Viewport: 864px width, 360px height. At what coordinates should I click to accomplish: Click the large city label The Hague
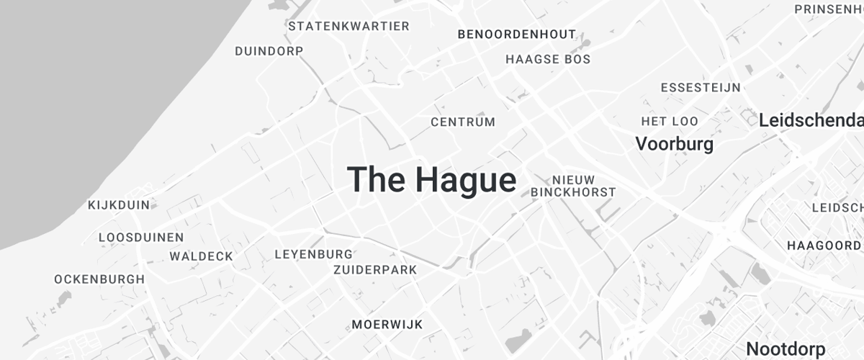tap(432, 179)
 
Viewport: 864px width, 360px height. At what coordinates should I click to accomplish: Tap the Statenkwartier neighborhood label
tap(348, 27)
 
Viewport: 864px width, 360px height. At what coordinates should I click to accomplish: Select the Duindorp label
tap(269, 51)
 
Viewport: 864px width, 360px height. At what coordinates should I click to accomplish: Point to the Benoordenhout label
tap(517, 34)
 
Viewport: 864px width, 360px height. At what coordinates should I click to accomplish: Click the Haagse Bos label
tap(548, 59)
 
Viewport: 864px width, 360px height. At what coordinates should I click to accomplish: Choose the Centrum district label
tap(463, 122)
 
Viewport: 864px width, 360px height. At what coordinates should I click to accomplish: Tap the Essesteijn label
tap(701, 88)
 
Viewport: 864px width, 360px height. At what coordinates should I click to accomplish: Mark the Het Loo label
tap(670, 121)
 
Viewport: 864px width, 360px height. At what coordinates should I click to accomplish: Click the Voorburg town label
tap(674, 144)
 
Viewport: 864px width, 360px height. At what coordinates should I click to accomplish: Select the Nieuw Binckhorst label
tap(573, 186)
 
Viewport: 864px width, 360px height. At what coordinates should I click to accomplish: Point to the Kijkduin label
tap(119, 205)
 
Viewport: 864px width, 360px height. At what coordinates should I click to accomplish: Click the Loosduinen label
tap(141, 237)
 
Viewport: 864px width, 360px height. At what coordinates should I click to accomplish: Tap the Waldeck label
tap(202, 256)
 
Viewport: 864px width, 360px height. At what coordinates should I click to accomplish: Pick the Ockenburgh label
tap(99, 279)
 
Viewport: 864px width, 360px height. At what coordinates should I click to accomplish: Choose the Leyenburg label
tap(314, 254)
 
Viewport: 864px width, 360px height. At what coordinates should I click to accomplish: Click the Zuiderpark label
tap(375, 270)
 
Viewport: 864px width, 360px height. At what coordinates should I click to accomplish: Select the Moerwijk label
tap(387, 324)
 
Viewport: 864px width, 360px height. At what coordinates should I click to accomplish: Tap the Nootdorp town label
tap(786, 349)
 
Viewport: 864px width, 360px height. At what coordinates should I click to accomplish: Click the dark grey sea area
tap(86, 94)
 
